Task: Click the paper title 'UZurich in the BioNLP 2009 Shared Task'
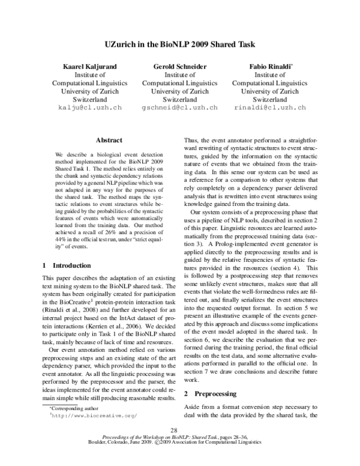point(179,44)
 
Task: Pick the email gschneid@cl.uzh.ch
point(179,107)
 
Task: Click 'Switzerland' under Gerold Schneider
point(179,99)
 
